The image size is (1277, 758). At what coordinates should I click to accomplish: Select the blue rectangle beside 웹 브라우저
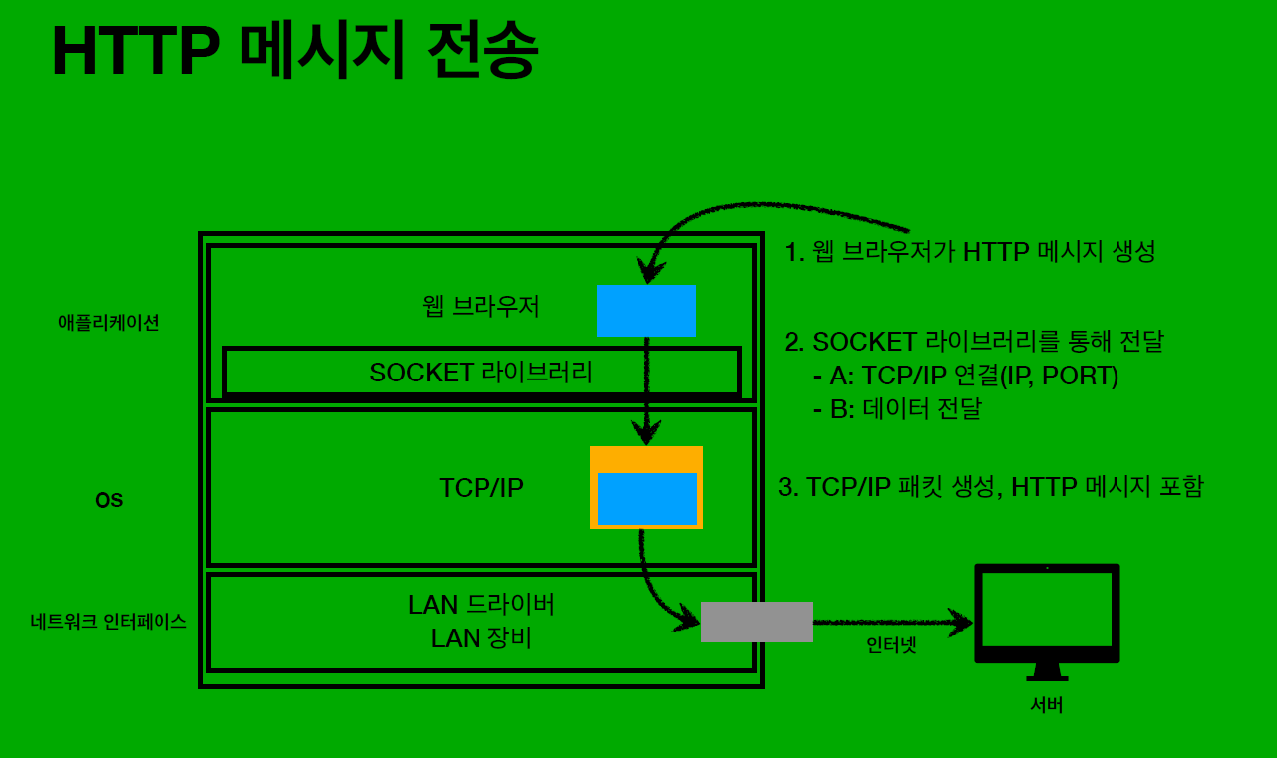[646, 310]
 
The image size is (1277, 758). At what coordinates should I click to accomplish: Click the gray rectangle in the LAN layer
[757, 622]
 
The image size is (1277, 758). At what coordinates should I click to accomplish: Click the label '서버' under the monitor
[1047, 706]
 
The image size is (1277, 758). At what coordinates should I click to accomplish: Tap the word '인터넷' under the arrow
[891, 645]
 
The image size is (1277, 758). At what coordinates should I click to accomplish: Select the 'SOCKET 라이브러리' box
[481, 373]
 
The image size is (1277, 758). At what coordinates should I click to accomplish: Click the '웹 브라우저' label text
[481, 306]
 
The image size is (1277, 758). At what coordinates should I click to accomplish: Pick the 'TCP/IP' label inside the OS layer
[481, 488]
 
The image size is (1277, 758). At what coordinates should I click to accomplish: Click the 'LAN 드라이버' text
[481, 605]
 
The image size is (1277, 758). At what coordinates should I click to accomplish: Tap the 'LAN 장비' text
[481, 637]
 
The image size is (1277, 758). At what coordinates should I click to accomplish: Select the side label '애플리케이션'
[109, 323]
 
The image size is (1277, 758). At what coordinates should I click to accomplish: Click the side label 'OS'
[109, 501]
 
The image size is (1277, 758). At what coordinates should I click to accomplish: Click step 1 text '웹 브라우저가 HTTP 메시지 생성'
[970, 252]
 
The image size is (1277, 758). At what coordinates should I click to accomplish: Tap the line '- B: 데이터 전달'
[897, 409]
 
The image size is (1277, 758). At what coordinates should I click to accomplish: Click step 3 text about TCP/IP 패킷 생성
[991, 487]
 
